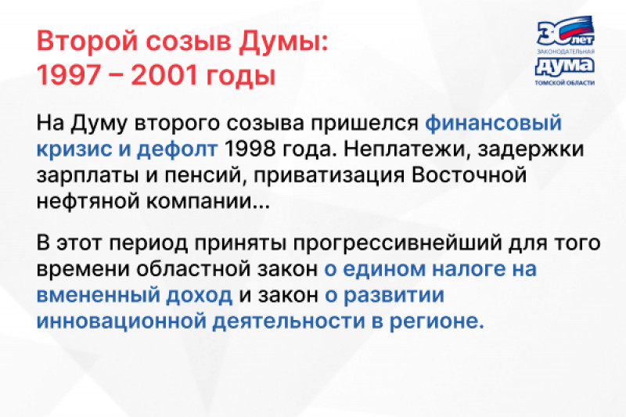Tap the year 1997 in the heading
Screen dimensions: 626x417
click(68, 74)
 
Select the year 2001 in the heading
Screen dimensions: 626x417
click(164, 74)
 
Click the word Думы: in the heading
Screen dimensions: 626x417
click(283, 41)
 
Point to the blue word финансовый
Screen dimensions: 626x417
click(494, 123)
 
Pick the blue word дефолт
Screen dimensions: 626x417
click(178, 149)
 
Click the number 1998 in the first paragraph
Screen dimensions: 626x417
click(250, 149)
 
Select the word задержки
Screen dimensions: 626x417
click(531, 149)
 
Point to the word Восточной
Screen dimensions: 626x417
click(469, 175)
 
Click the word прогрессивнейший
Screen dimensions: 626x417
click(398, 243)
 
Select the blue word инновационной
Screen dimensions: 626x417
click(121, 322)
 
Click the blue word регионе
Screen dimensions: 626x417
click(437, 322)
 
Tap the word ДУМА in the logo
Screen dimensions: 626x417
click(564, 67)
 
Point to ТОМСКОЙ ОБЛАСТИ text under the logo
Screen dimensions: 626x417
click(564, 83)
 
